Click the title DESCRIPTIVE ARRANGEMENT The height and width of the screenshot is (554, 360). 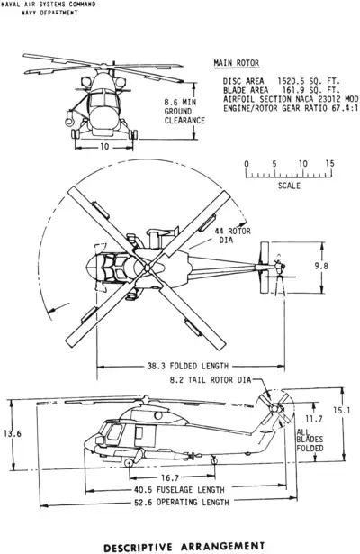pos(184,545)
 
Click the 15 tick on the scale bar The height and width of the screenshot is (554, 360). pos(329,163)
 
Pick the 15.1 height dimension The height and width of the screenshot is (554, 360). pos(343,411)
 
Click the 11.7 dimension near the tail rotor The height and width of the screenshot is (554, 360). pos(315,419)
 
